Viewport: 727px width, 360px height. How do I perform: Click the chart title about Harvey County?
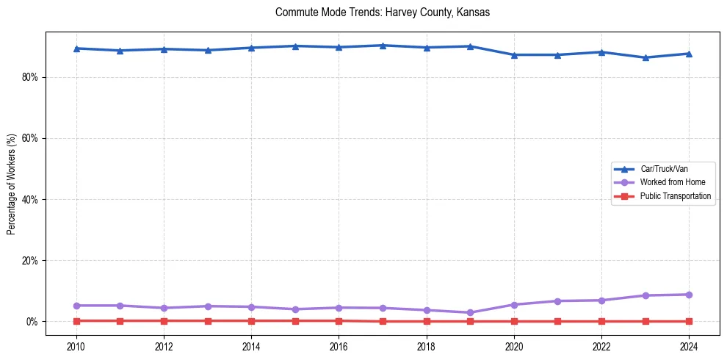382,12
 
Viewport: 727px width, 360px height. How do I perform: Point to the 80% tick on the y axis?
29,77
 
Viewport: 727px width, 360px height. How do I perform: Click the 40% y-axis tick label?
29,199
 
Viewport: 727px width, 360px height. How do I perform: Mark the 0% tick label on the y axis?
32,322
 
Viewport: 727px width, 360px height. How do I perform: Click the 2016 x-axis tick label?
339,346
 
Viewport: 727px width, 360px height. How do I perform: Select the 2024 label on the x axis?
689,346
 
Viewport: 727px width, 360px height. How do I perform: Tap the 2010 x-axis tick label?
76,346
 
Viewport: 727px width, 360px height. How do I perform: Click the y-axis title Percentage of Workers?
11,184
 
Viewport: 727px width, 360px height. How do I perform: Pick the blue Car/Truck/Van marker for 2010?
76,48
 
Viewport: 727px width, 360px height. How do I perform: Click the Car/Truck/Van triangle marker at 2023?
645,57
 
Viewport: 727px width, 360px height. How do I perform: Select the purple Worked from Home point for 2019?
470,313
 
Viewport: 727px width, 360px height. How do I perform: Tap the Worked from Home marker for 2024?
689,295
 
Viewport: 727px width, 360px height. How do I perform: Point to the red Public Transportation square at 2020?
514,321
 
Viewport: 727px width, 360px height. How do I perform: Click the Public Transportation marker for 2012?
164,320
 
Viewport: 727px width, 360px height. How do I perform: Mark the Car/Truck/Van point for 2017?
383,46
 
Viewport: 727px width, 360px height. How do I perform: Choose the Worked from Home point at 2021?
557,301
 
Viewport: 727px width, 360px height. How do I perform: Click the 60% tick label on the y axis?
29,138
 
